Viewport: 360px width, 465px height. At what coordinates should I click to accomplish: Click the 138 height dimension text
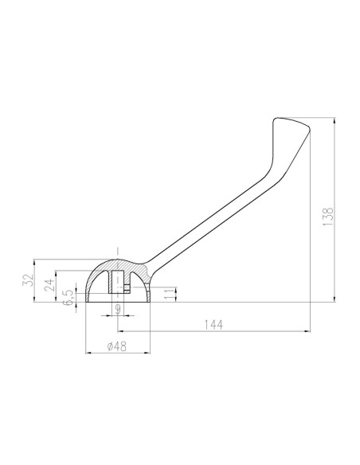328,217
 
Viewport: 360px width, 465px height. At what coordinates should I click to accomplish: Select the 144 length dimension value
213,325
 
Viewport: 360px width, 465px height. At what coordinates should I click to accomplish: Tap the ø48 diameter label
117,346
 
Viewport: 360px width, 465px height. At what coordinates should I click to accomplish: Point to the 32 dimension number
28,280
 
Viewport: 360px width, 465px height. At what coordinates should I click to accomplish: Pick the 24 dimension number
50,285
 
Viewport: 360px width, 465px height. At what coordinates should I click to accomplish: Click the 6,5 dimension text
68,297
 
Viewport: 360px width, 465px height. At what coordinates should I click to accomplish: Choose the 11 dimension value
170,295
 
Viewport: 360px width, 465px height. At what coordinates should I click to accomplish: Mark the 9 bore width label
118,308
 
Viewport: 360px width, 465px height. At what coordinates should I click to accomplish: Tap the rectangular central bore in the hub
116,282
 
